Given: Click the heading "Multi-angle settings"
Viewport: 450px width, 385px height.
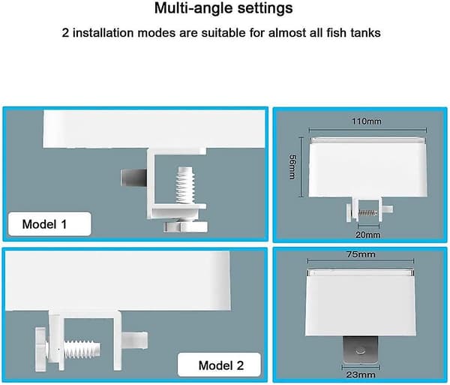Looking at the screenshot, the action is click(223, 8).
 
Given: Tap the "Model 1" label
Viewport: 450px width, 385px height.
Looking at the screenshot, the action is click(44, 224).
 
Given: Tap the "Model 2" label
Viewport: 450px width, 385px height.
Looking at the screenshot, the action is click(221, 365).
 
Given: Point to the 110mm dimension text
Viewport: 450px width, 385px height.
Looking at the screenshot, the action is click(367, 122).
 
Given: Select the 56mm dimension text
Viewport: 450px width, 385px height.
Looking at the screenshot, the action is click(292, 167).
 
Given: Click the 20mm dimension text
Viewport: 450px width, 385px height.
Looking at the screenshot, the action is click(367, 235).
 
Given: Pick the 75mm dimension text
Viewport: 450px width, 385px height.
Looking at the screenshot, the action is click(361, 254).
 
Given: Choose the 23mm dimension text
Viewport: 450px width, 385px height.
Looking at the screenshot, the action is click(361, 374).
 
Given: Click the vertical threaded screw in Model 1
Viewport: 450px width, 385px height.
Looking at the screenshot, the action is click(185, 185).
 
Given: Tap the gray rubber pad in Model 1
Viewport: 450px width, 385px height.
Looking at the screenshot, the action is click(133, 177).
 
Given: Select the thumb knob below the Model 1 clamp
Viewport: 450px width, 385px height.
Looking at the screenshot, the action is click(186, 227).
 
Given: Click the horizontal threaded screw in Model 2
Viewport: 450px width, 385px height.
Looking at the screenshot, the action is click(82, 350).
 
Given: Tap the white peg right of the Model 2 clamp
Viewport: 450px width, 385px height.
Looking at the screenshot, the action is click(135, 340).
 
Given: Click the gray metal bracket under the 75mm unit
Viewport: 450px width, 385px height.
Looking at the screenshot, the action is click(361, 350).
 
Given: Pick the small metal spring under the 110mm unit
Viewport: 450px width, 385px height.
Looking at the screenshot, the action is click(367, 212).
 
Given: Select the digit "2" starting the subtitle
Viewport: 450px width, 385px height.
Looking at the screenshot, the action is click(65, 33).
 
